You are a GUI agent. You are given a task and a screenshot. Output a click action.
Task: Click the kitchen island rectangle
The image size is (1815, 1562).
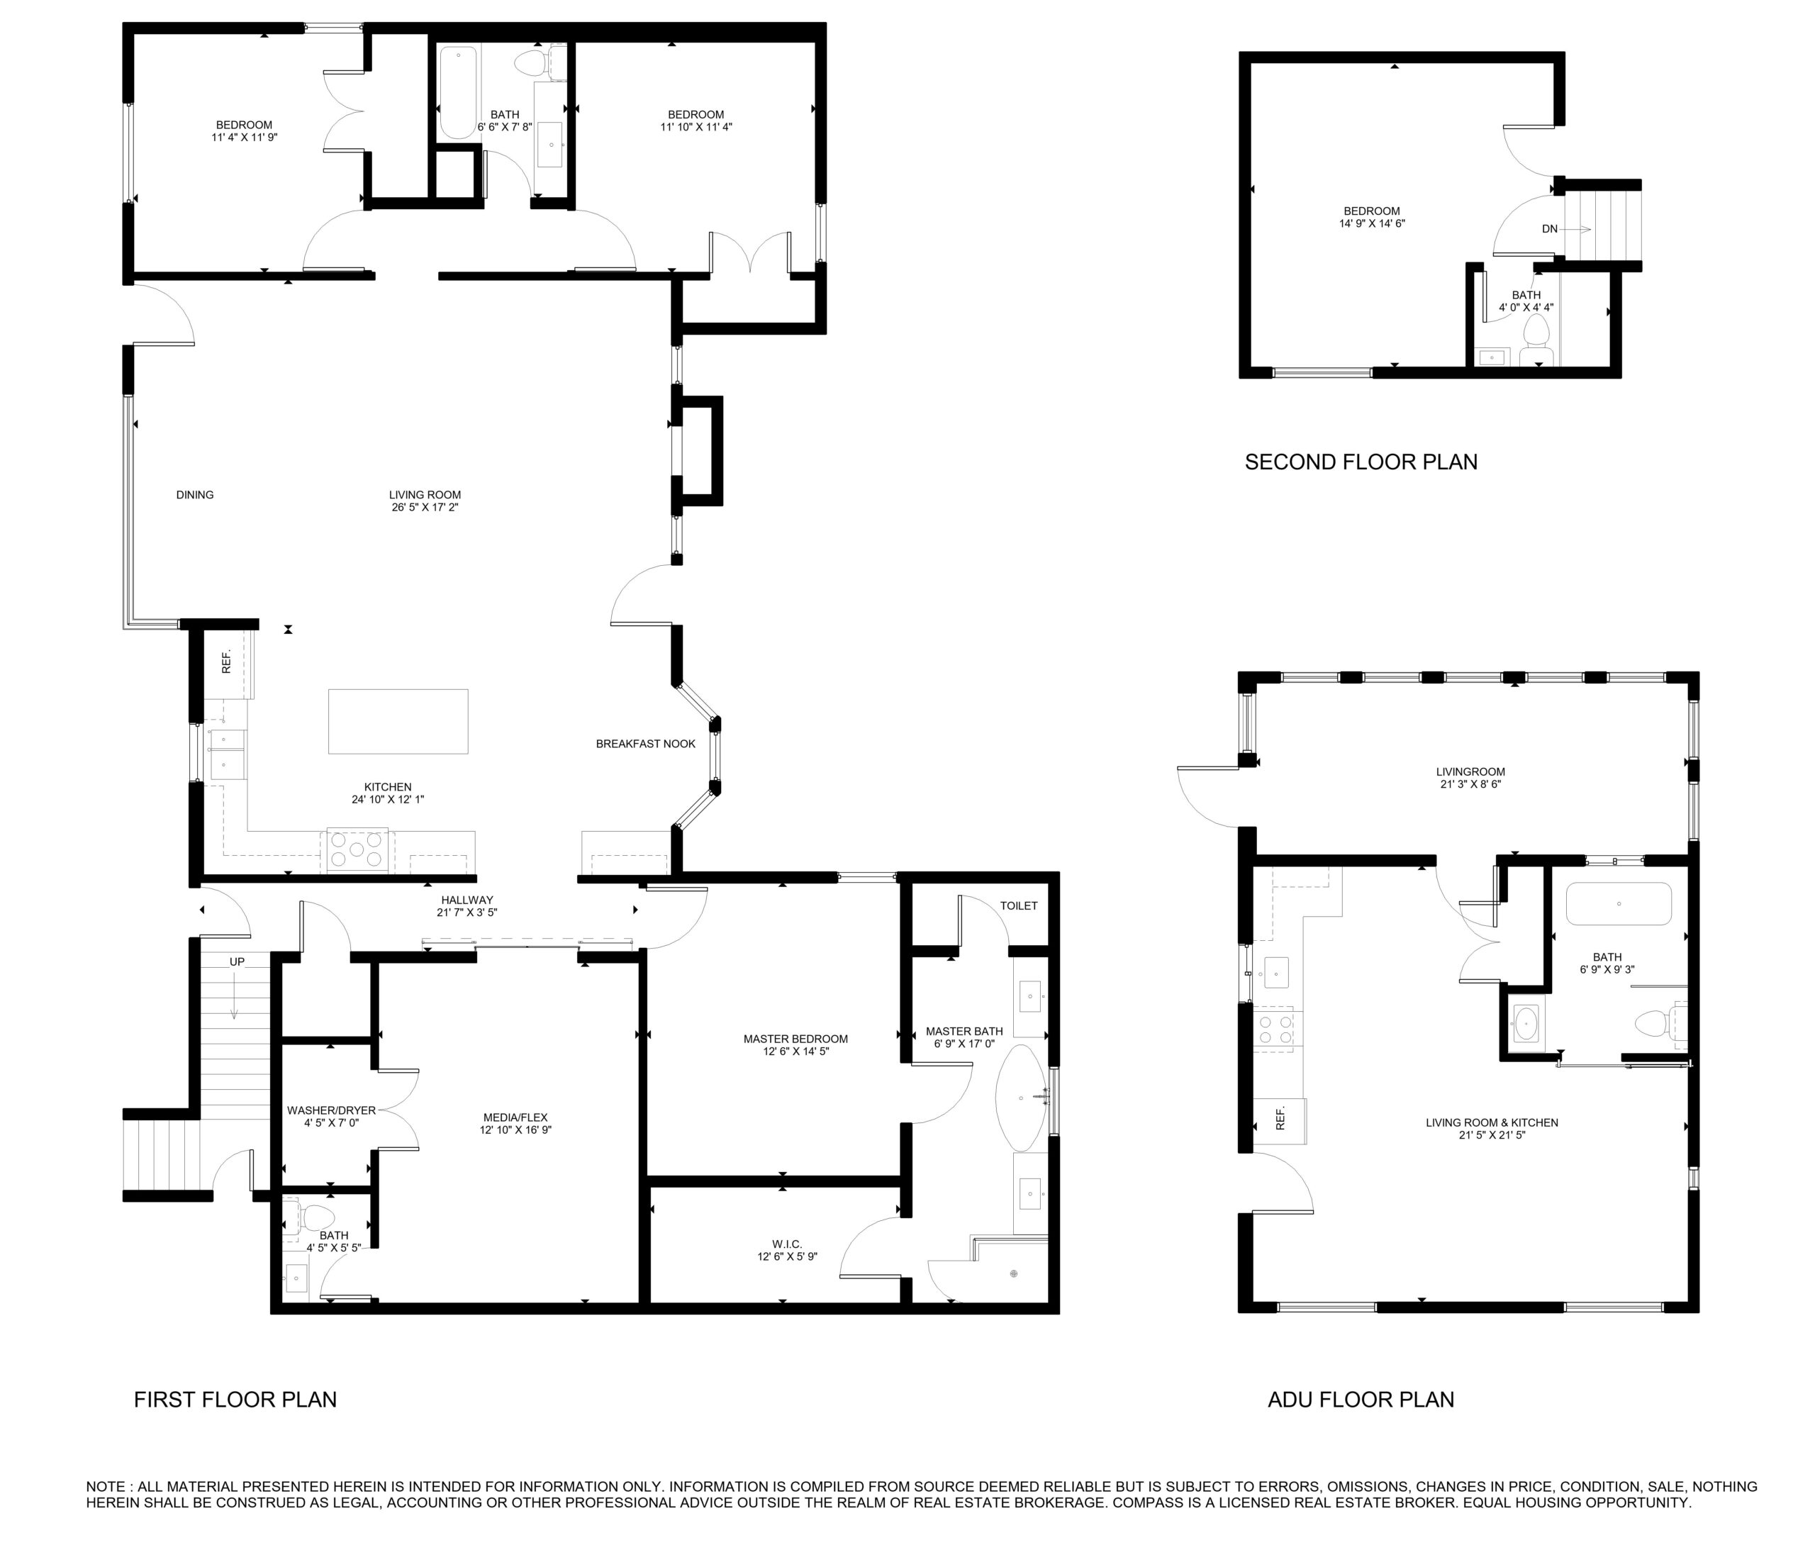(x=398, y=721)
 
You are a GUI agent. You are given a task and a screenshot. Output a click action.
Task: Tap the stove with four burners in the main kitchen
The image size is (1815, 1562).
(x=357, y=849)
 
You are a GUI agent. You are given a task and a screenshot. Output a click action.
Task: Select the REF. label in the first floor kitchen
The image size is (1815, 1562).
(x=226, y=662)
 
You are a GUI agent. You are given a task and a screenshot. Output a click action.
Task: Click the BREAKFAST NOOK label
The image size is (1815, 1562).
(x=646, y=744)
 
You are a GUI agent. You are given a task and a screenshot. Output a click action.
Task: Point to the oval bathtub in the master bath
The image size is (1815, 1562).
(x=1022, y=1098)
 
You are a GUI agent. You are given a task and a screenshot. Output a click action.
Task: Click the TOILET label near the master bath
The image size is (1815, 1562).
(x=1019, y=906)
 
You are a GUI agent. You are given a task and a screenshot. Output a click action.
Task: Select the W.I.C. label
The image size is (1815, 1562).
(x=786, y=1244)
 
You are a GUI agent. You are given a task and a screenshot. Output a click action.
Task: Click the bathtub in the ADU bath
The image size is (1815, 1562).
(x=1618, y=903)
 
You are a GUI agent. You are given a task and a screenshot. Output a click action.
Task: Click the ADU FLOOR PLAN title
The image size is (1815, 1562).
(x=1361, y=1399)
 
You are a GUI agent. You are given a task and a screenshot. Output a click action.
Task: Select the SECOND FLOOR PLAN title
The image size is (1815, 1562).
(x=1361, y=462)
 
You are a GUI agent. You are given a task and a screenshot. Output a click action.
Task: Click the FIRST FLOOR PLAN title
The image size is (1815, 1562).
(x=235, y=1399)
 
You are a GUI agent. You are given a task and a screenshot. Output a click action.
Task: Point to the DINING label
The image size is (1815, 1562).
(x=194, y=495)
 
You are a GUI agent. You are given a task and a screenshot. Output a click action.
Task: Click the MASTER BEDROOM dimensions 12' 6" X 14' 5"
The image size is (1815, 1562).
(x=795, y=1051)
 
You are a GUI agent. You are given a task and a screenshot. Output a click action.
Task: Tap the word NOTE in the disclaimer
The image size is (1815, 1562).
(x=105, y=1487)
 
